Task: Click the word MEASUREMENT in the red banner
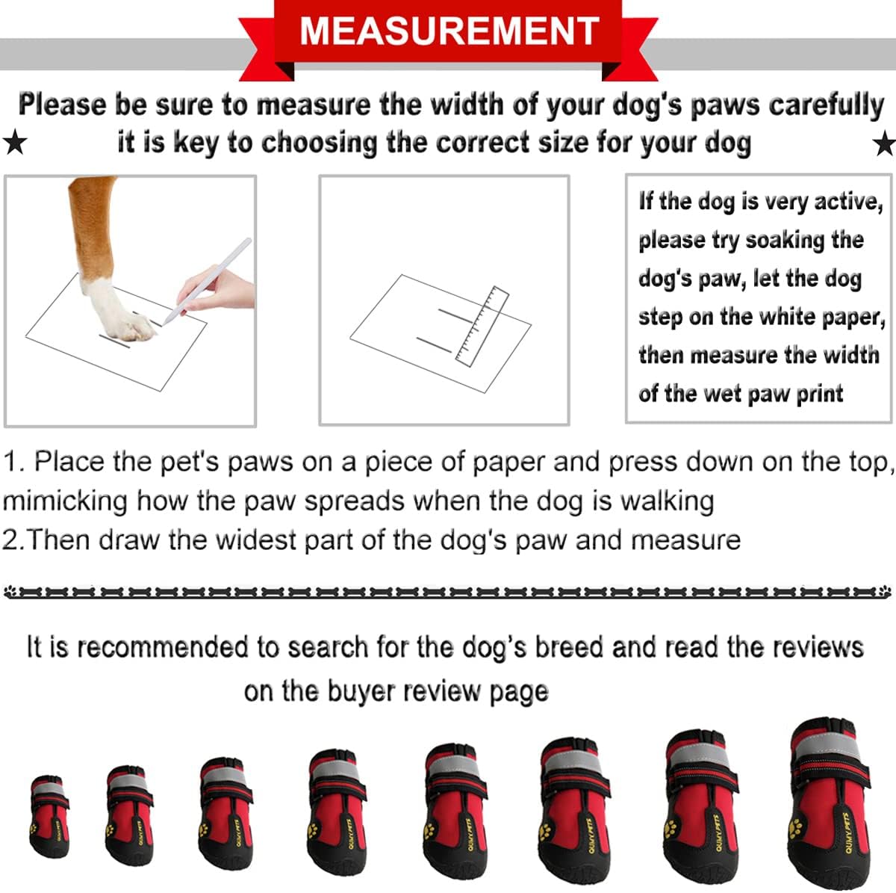tap(449, 31)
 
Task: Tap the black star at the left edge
tap(14, 142)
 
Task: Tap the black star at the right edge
tap(885, 142)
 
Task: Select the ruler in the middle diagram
tap(482, 327)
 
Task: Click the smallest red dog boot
tap(50, 816)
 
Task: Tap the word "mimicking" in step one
tap(65, 500)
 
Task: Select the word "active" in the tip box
tap(847, 202)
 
